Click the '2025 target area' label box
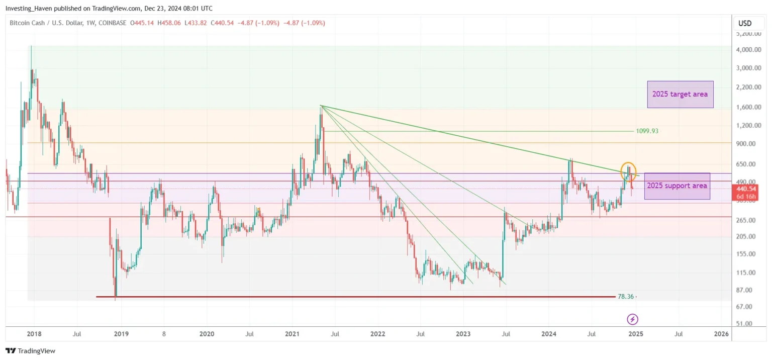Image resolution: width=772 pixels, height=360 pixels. point(680,94)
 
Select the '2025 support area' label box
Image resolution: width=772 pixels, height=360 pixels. point(677,186)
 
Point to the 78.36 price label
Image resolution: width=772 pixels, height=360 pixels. point(626,297)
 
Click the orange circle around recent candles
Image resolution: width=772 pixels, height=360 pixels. point(629,172)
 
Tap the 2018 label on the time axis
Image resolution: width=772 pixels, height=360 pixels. point(34,333)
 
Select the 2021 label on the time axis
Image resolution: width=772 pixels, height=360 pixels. point(292,333)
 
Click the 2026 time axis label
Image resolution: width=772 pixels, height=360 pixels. point(721,333)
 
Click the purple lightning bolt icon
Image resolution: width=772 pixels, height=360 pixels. point(633,319)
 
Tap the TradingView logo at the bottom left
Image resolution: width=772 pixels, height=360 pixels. point(31,350)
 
